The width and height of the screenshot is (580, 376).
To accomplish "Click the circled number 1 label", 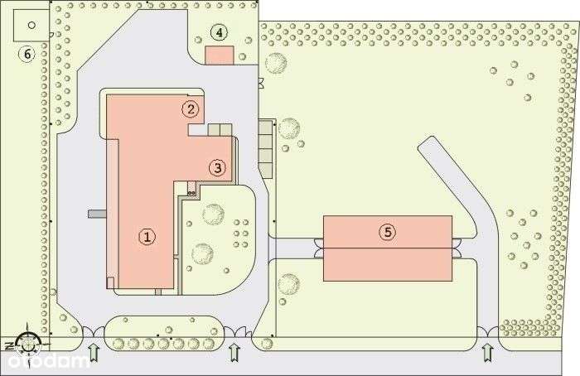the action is [x=147, y=237].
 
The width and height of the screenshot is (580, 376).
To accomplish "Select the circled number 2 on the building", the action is [x=191, y=108].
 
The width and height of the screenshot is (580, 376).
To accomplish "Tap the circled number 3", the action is [x=216, y=167].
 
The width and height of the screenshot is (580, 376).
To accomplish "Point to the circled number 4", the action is [x=218, y=33].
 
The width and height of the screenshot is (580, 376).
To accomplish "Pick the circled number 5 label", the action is [x=387, y=232].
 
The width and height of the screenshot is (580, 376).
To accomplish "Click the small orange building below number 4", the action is [x=219, y=55].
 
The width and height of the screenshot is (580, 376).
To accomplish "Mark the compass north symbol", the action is [x=27, y=340].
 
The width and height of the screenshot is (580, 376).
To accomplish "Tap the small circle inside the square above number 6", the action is [x=31, y=24].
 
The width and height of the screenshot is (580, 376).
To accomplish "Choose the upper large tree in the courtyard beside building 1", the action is [x=214, y=213].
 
